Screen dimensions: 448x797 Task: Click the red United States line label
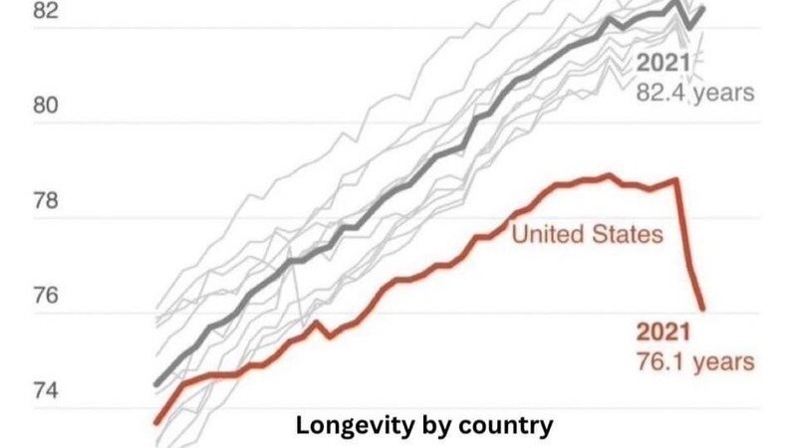click(x=587, y=235)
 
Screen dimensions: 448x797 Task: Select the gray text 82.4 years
click(x=695, y=94)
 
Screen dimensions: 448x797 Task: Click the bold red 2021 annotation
click(x=664, y=334)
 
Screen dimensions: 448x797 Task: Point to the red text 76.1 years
click(x=694, y=362)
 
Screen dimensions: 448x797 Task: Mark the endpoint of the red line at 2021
click(x=702, y=308)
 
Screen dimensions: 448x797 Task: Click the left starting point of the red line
click(x=156, y=422)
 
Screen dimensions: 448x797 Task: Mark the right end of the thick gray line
click(x=702, y=9)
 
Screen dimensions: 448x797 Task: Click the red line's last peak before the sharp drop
click(x=676, y=180)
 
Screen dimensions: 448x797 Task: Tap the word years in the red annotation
click(x=725, y=362)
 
